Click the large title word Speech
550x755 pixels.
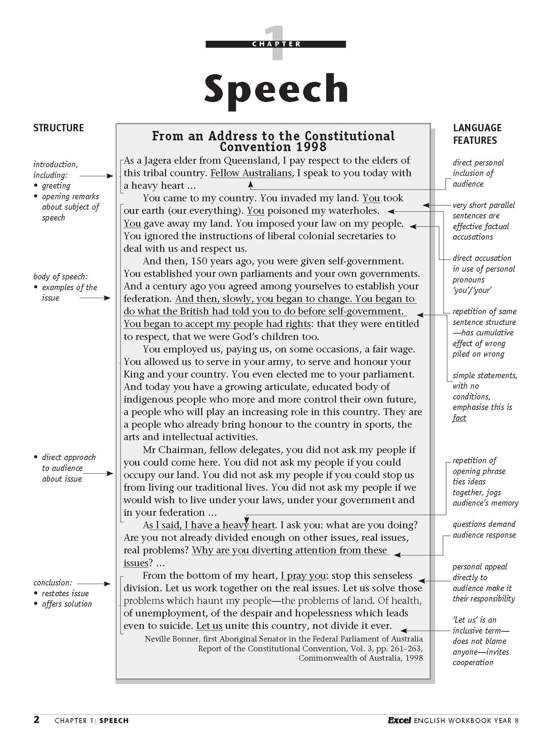[x=276, y=88]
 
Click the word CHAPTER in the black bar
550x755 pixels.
[x=276, y=44]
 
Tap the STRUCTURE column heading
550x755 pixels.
[x=58, y=128]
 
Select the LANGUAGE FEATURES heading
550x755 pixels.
[x=477, y=134]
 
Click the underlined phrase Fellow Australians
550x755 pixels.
[x=251, y=173]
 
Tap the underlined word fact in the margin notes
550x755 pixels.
[x=459, y=418]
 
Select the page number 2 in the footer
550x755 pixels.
[x=37, y=720]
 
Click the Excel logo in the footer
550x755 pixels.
[x=399, y=720]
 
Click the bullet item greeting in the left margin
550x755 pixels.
[x=56, y=186]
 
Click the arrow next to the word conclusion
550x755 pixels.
[x=94, y=583]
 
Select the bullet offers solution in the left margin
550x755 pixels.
[x=67, y=604]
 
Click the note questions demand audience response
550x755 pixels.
[x=484, y=530]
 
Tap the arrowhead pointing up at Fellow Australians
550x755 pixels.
[x=250, y=184]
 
